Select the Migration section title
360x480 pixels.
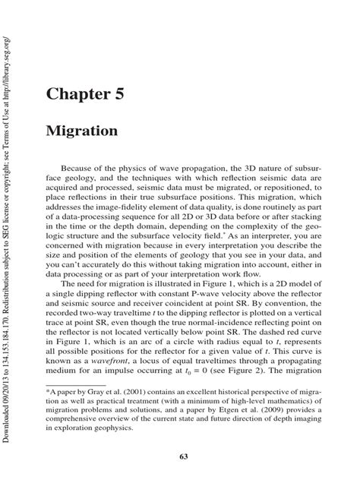pos(82,131)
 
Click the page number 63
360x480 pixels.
pos(185,456)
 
